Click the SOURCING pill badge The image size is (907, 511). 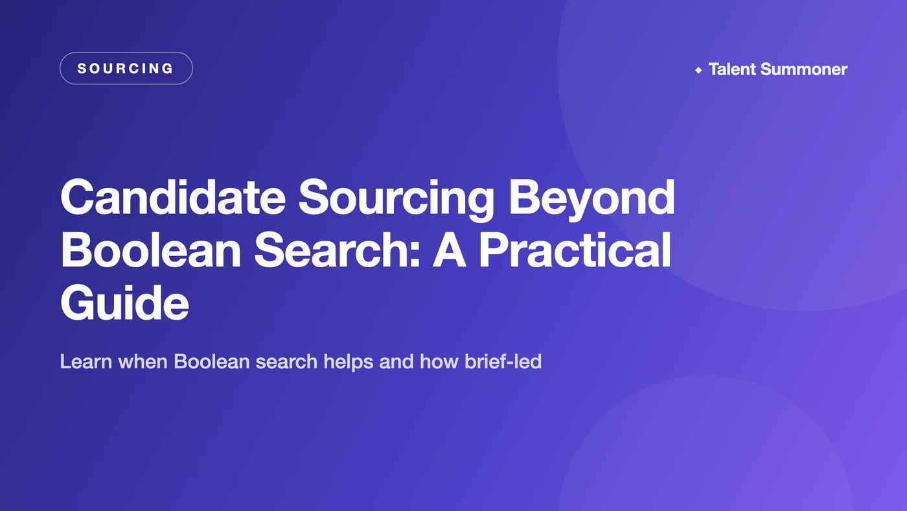pos(126,68)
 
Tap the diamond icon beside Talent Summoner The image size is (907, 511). pos(698,70)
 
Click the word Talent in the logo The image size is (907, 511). pos(732,69)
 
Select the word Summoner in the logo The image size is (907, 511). pos(804,69)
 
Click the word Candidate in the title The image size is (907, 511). pos(174,197)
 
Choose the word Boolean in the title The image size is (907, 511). pos(151,250)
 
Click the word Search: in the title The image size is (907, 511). pos(337,250)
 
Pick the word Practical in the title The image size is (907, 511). pos(575,250)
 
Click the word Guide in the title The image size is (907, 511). pos(124,303)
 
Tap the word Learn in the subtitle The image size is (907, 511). pos(86,361)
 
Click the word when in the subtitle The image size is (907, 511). pos(143,361)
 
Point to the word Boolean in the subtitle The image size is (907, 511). pos(212,361)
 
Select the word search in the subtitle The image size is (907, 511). pos(286,361)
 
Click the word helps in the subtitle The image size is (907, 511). pos(349,362)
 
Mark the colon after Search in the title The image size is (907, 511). pos(415,256)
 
